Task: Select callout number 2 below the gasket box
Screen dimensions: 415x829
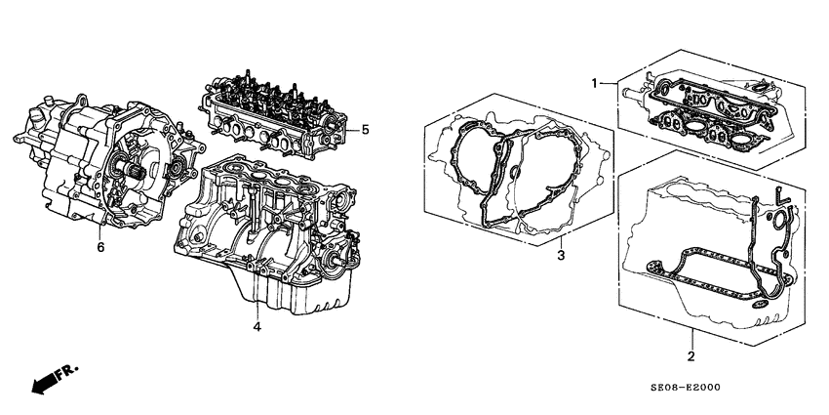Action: click(x=691, y=356)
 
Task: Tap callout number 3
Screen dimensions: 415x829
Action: click(x=561, y=257)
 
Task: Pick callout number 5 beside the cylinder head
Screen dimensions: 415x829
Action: click(x=365, y=129)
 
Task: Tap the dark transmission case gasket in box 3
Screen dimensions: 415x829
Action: click(x=497, y=186)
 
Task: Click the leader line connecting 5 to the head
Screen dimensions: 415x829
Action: click(x=351, y=129)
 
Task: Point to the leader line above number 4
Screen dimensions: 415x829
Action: click(x=256, y=298)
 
